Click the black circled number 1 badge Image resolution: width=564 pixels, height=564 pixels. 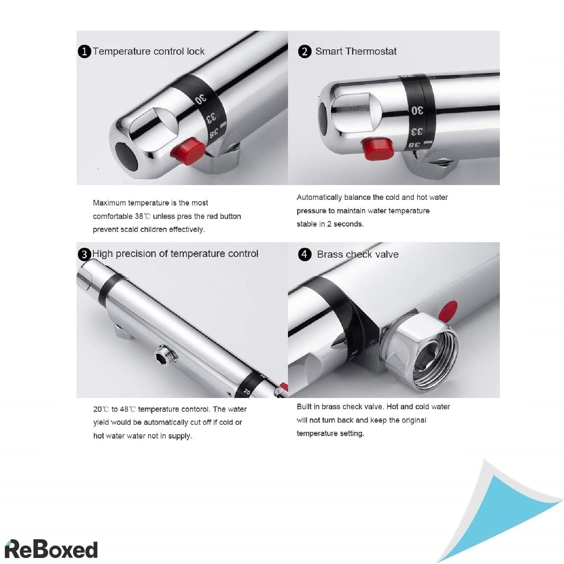[x=84, y=52]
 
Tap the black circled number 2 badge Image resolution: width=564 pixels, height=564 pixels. [x=305, y=51]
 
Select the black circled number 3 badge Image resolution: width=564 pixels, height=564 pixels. [x=84, y=255]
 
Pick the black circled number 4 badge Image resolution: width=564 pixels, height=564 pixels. [x=305, y=254]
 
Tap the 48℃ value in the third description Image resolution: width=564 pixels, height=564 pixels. [x=128, y=409]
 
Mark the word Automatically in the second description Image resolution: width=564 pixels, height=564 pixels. [x=319, y=197]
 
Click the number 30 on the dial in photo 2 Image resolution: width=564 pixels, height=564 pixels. [x=417, y=111]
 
